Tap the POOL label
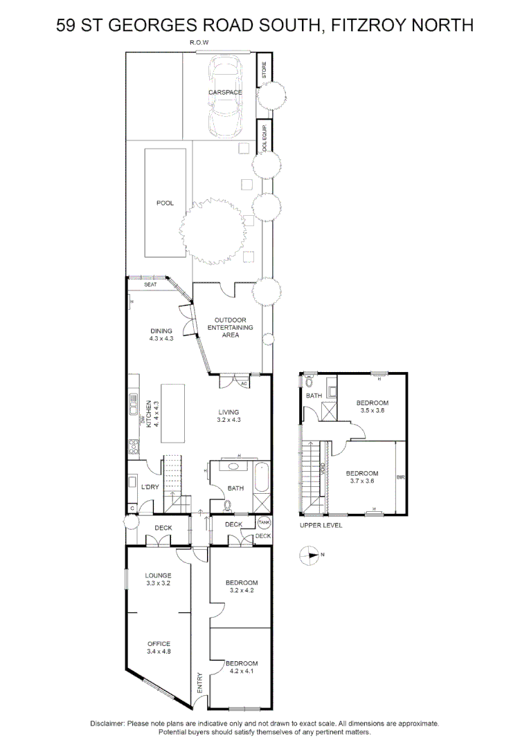point(165,203)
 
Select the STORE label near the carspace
point(264,69)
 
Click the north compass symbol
point(308,554)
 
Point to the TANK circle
point(264,524)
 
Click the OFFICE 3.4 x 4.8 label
point(159,647)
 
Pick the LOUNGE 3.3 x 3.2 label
point(158,579)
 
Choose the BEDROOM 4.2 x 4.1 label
point(242,667)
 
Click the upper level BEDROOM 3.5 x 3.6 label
point(373,407)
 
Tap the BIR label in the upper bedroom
point(400,477)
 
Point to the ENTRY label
point(200,682)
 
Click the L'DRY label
point(150,488)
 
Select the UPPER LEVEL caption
point(321,525)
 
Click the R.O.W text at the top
point(199,43)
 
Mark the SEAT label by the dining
point(150,284)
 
